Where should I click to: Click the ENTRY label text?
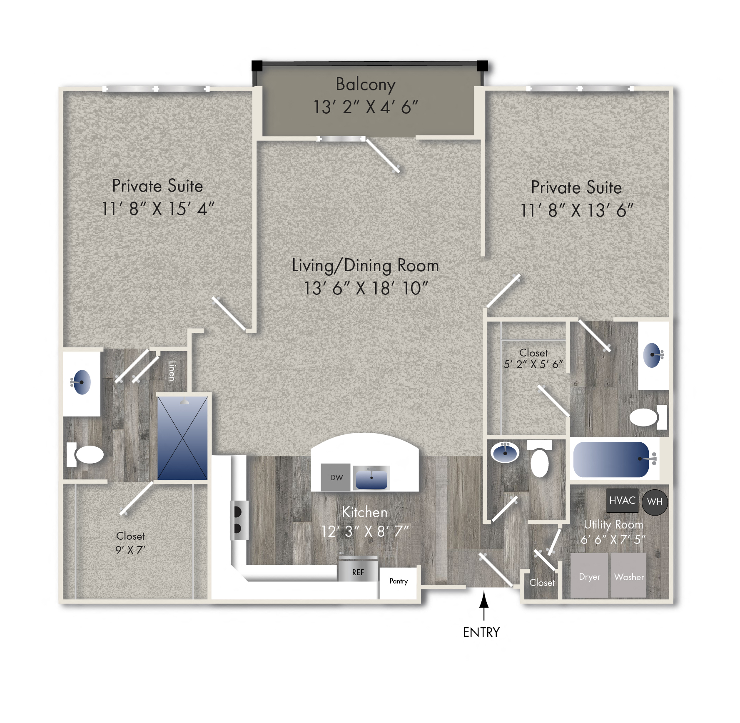coord(481,632)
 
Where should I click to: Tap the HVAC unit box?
coord(622,500)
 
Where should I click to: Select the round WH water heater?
coord(654,502)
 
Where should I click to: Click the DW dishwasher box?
coord(336,477)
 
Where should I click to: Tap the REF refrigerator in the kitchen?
coord(358,571)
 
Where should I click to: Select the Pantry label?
coord(399,581)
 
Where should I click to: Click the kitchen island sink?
coord(371,478)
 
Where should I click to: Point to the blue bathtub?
coord(611,459)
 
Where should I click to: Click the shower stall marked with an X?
coord(182,438)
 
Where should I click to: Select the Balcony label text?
coord(366,84)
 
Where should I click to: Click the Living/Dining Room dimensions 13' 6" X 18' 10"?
coord(366,288)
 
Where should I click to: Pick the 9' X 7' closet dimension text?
coord(130,550)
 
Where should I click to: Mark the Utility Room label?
coord(613,524)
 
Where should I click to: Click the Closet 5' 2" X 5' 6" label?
coord(533,358)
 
